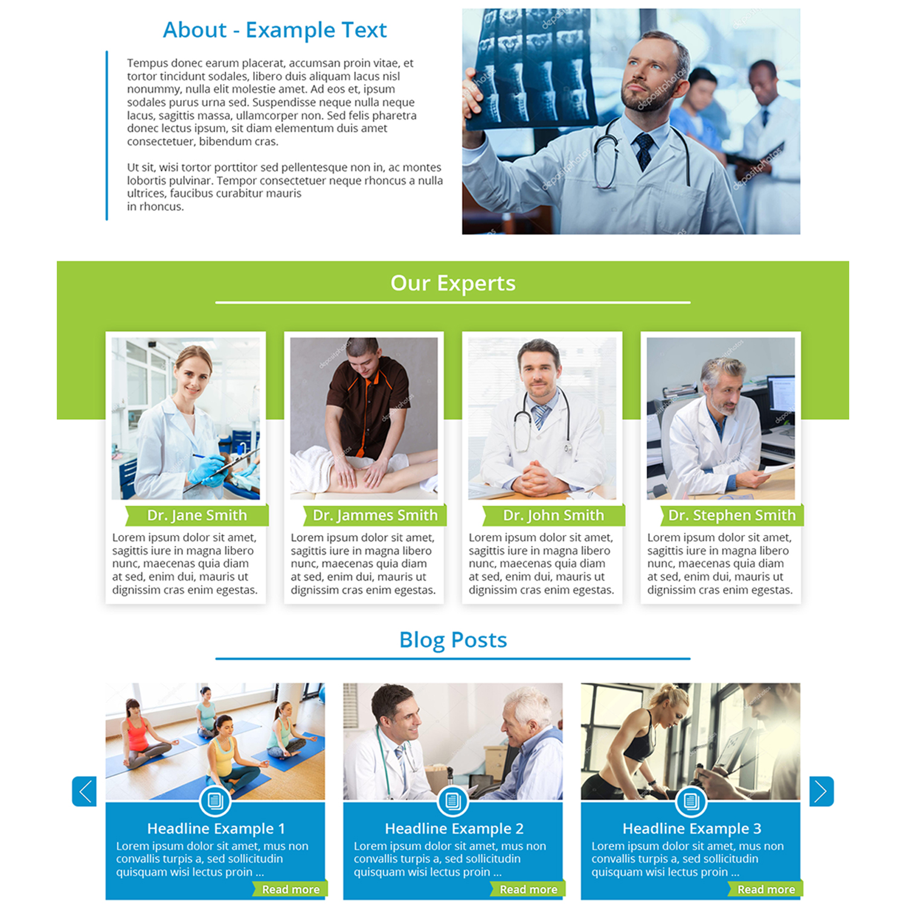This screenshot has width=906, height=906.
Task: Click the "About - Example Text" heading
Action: click(275, 30)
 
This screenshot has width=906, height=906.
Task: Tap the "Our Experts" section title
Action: click(453, 283)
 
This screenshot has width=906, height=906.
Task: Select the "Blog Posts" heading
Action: click(453, 640)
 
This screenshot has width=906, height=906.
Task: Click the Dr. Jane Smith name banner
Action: click(197, 515)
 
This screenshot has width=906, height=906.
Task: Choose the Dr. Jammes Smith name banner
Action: click(374, 515)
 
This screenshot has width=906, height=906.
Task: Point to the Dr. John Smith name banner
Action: click(553, 515)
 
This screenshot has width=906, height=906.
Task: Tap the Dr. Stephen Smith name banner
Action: click(731, 515)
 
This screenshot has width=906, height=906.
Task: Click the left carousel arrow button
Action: click(84, 791)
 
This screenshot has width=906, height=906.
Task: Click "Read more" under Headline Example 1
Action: click(291, 889)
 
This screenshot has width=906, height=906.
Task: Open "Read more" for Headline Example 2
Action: click(528, 889)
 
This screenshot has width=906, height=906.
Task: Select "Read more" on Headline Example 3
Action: click(766, 889)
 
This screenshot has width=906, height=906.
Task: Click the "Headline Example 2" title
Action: click(454, 829)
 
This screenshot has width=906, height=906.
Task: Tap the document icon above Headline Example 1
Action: click(215, 802)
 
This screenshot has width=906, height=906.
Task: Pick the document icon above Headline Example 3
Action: click(691, 802)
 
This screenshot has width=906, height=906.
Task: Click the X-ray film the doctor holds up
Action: click(532, 69)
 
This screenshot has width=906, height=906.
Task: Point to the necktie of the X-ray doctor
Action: click(644, 151)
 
